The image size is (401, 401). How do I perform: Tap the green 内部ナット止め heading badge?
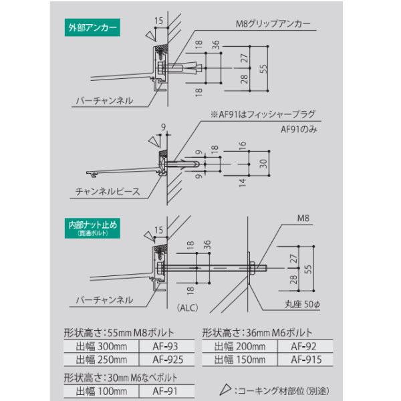coord(92,227)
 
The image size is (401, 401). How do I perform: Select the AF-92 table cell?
coord(303,346)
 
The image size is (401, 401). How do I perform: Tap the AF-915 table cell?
coord(303,359)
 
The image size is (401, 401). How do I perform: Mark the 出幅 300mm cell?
coord(100,346)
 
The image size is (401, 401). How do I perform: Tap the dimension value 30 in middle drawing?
coord(264,162)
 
